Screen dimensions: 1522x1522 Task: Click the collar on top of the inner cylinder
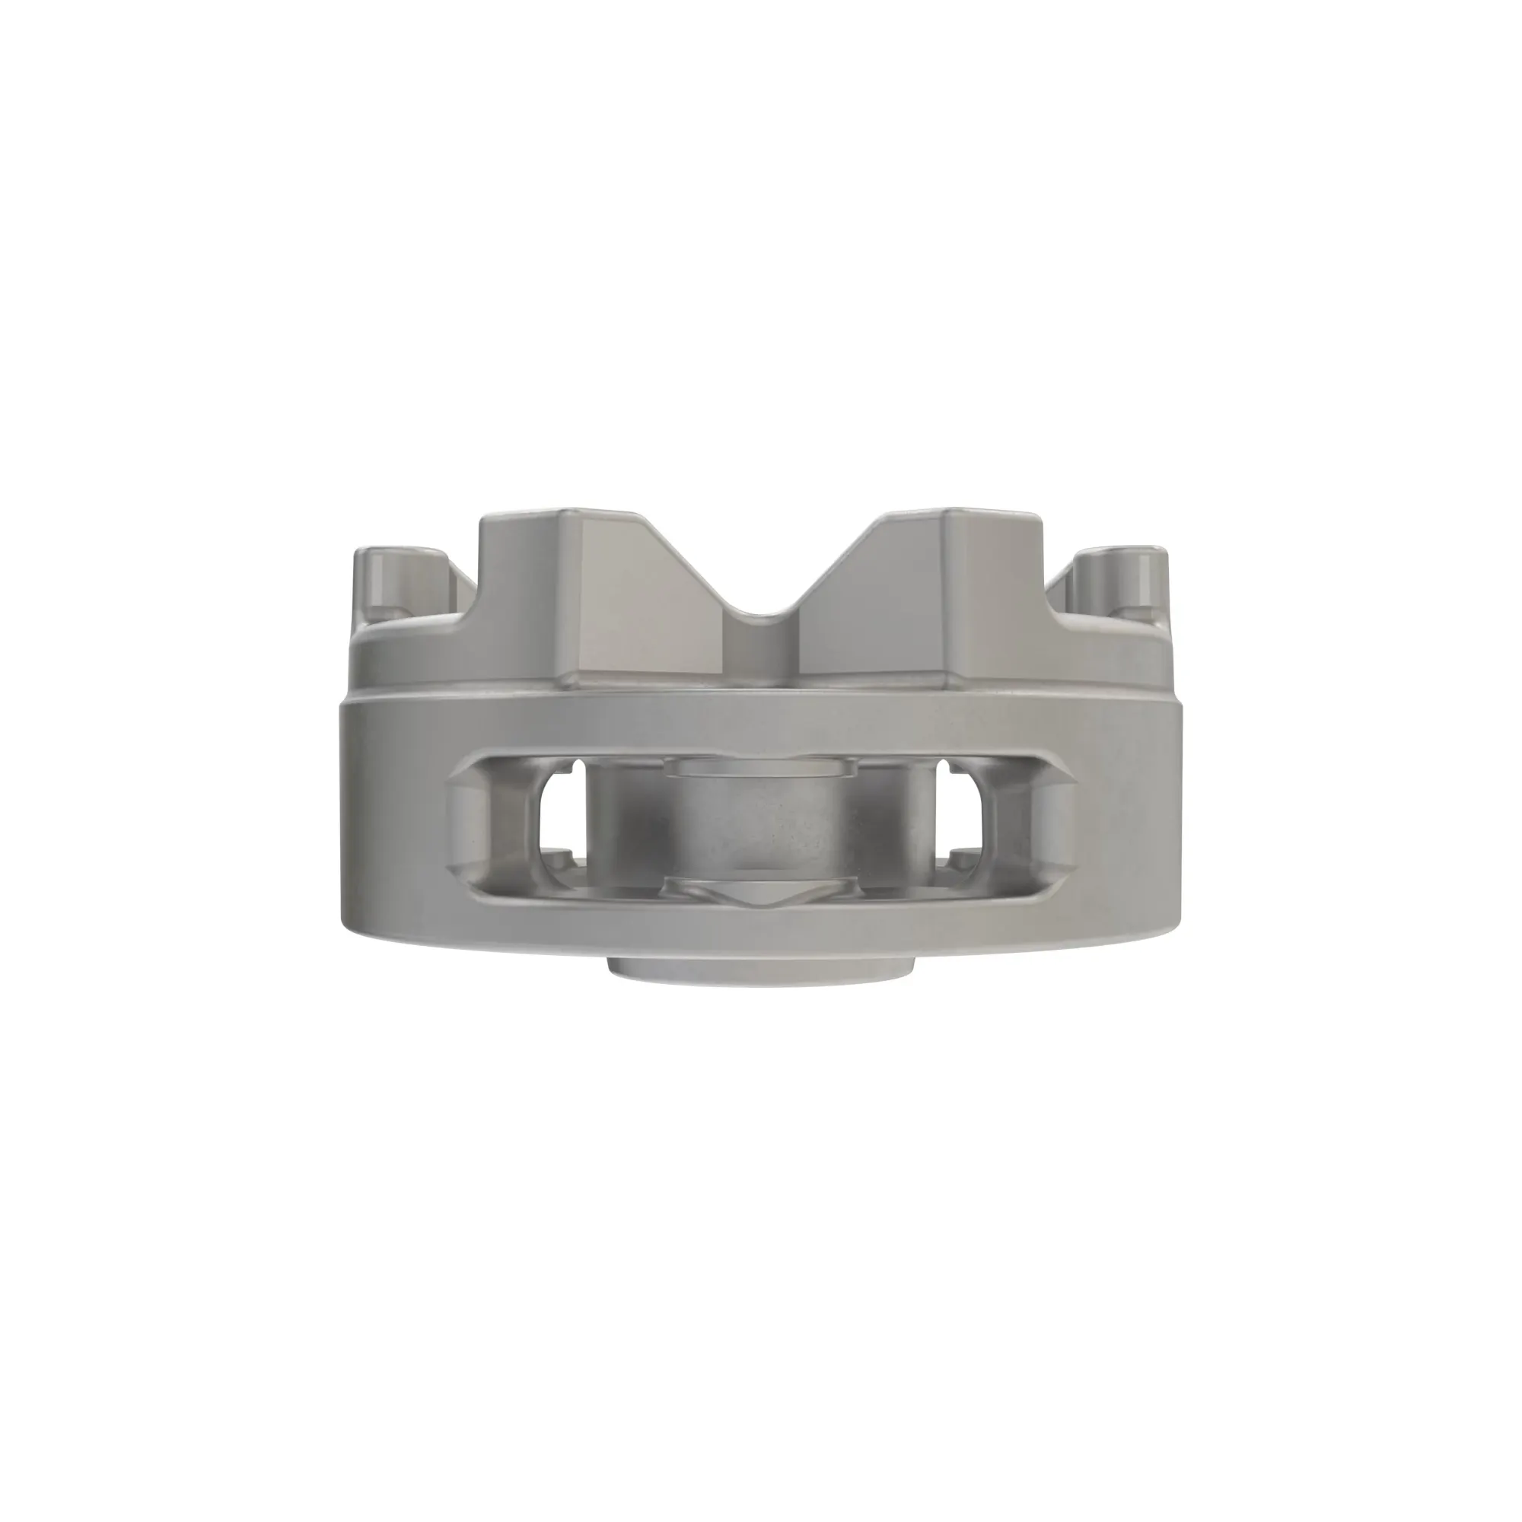pyautogui.click(x=761, y=768)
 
